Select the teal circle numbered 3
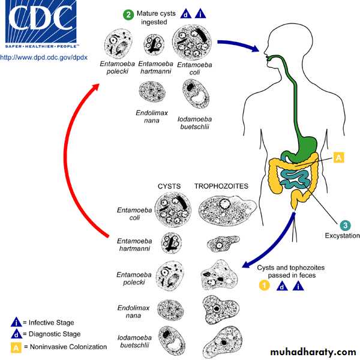[345, 226]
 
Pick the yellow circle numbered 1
[263, 286]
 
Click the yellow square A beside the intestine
[338, 158]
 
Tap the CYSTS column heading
[170, 187]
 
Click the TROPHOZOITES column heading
[221, 187]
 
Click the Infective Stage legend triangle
[17, 321]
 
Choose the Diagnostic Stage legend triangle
[17, 334]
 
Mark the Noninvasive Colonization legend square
[17, 346]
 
